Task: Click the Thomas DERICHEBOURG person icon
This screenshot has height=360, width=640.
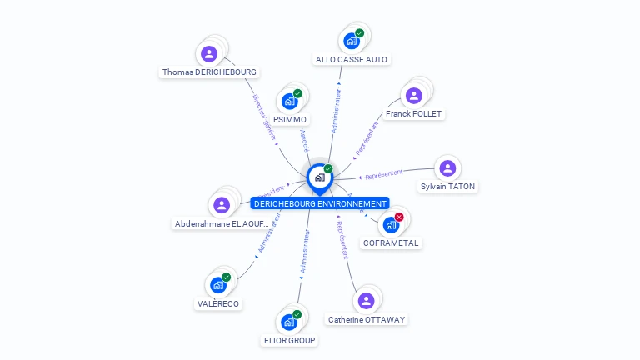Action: (x=209, y=54)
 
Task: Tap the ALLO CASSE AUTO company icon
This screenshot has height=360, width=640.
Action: (x=352, y=40)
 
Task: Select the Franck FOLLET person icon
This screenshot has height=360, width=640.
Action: (x=414, y=95)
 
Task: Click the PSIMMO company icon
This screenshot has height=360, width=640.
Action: (x=290, y=101)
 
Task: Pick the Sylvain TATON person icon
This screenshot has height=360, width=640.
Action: (x=447, y=168)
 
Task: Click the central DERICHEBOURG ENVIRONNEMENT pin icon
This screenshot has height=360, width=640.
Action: (x=319, y=177)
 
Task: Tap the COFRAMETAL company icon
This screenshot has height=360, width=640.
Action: (x=391, y=224)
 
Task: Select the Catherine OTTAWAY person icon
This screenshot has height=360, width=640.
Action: (x=366, y=301)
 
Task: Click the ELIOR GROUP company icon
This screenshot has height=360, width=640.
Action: (x=289, y=321)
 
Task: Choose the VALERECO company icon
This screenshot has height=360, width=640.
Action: (x=218, y=284)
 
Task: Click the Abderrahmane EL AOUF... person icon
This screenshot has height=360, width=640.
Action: (x=222, y=204)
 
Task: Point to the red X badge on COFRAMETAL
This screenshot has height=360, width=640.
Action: (x=399, y=217)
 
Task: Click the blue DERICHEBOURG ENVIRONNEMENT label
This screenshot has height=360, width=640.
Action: (x=320, y=203)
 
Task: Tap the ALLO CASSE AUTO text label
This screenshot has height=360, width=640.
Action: (x=352, y=60)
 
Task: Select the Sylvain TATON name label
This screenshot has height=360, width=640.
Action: (x=447, y=187)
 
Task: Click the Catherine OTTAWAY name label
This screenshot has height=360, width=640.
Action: (x=367, y=319)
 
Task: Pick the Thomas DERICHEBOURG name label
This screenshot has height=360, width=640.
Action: (x=209, y=72)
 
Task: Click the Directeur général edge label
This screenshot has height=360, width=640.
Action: (x=264, y=116)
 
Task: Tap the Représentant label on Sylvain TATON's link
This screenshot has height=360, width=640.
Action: (x=384, y=175)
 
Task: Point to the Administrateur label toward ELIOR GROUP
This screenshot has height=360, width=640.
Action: (x=304, y=252)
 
